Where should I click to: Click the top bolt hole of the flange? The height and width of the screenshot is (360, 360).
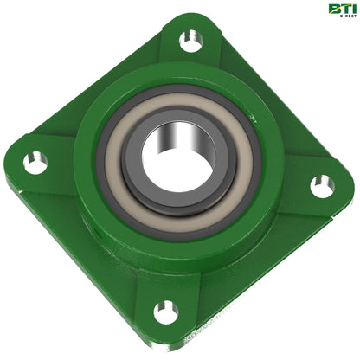pyautogui.click(x=190, y=40)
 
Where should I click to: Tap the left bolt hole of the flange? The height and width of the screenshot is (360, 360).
pyautogui.click(x=34, y=160)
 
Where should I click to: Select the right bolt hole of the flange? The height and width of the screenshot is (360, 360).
pyautogui.click(x=321, y=183)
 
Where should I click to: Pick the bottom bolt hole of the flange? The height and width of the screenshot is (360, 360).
pyautogui.click(x=164, y=312)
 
